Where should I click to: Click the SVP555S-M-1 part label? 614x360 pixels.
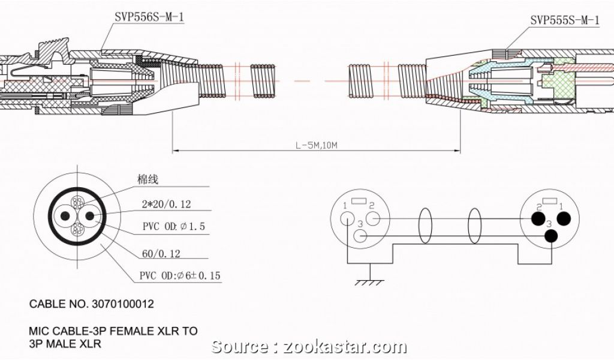[564, 20]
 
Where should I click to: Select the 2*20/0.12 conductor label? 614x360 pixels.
[165, 205]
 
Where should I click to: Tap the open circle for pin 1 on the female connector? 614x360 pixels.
[348, 219]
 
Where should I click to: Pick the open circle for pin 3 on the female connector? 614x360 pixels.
[360, 236]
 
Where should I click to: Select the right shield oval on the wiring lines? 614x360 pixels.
[474, 226]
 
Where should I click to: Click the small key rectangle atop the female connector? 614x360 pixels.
[360, 200]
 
